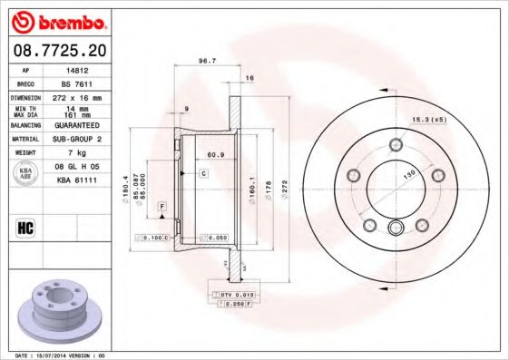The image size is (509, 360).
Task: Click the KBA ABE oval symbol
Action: pyautogui.click(x=27, y=173)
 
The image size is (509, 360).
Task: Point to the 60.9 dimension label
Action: pyautogui.click(x=216, y=155)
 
